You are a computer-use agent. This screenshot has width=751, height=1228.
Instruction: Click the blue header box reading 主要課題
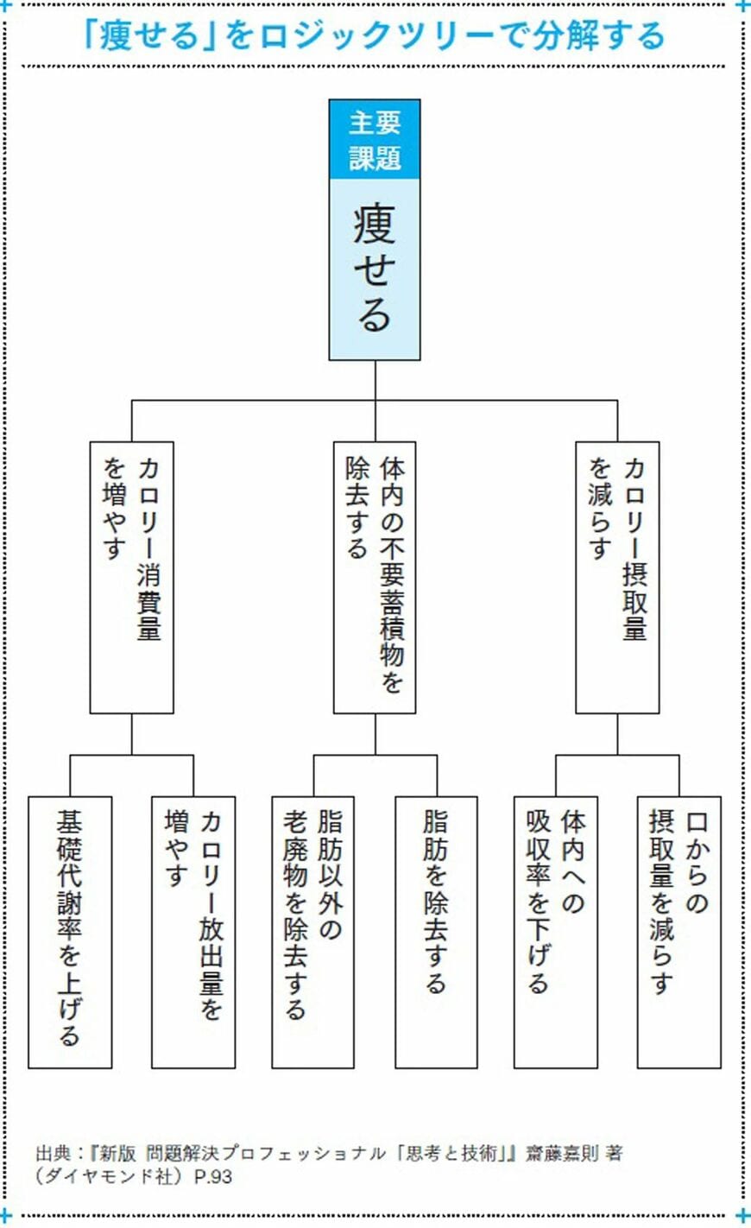coord(375,139)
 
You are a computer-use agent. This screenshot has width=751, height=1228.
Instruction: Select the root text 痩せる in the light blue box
coord(375,269)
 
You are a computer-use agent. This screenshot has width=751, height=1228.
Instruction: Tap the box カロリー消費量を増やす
coord(131,577)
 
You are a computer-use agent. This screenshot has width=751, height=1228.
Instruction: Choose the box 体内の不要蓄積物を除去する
coord(375,577)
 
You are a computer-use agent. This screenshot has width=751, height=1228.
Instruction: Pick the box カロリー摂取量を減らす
coord(617,577)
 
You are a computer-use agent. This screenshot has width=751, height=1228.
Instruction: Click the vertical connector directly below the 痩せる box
coord(375,381)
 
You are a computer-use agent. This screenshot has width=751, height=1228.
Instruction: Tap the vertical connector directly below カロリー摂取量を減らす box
coord(617,734)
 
